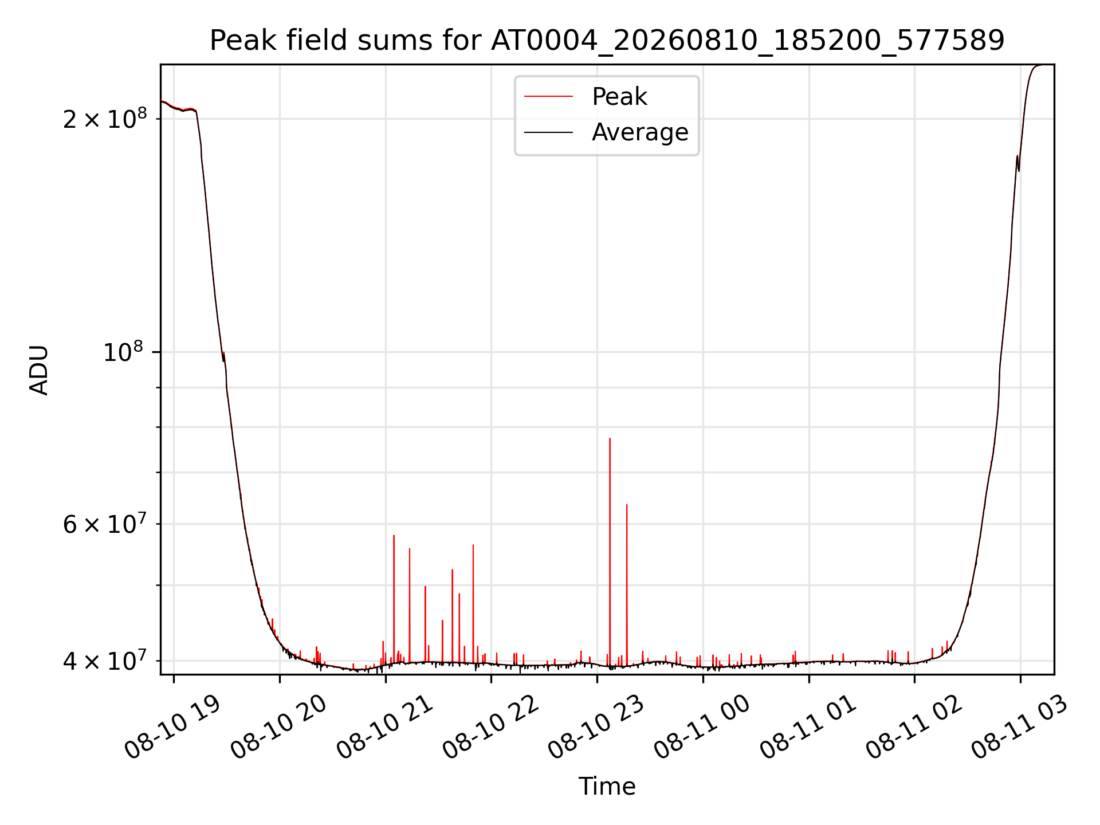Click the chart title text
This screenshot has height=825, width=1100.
coord(607,41)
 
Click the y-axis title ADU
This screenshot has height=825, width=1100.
coord(39,370)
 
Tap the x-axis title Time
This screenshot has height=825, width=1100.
coord(607,786)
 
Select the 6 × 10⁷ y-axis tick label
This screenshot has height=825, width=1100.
coord(105,522)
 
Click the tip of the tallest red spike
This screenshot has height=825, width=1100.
coord(610,438)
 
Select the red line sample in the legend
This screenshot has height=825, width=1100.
coord(548,96)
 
